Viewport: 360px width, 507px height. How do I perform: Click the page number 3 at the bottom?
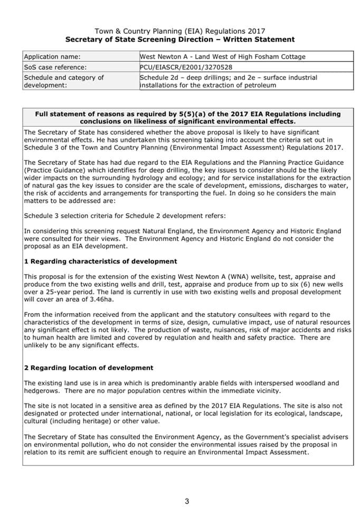click(x=187, y=501)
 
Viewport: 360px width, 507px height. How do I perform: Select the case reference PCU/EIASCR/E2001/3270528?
click(x=186, y=67)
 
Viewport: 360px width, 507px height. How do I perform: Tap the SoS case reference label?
click(x=55, y=67)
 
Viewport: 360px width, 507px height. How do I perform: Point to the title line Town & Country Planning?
click(x=179, y=31)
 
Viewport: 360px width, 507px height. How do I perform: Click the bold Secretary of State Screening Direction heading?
click(x=179, y=40)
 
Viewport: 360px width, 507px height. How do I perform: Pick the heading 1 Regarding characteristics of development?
click(x=100, y=261)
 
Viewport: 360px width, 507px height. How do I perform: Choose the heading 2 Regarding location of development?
click(x=89, y=368)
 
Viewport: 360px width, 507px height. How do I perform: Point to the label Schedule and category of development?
click(x=64, y=81)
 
